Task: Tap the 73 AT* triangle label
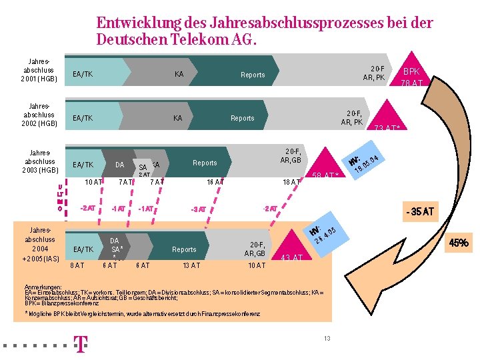click(387, 128)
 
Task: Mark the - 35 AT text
click(419, 212)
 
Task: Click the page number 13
click(327, 339)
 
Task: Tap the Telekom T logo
click(80, 344)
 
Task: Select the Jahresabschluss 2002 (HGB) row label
click(39, 114)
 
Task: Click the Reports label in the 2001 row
click(253, 75)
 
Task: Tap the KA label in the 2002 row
click(177, 118)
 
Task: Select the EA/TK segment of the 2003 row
click(83, 165)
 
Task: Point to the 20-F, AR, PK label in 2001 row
click(373, 73)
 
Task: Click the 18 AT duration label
click(291, 182)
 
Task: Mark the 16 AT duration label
click(215, 182)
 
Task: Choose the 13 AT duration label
click(191, 265)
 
